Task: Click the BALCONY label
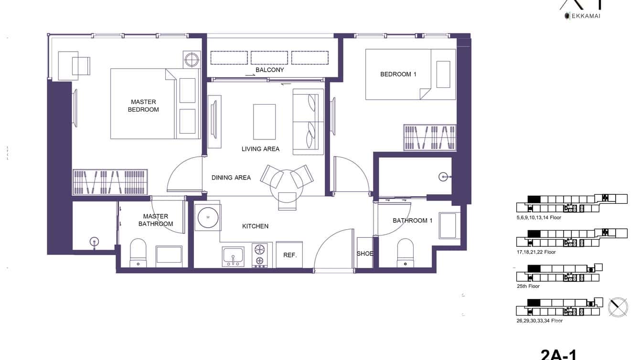(x=269, y=70)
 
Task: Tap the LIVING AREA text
(x=260, y=149)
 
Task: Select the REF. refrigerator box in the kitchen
(x=289, y=255)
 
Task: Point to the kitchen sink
(x=233, y=256)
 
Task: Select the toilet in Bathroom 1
(x=405, y=253)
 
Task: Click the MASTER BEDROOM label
(x=143, y=106)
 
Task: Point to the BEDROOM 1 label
(x=398, y=74)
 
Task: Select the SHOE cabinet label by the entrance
(x=365, y=254)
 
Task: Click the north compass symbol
(x=618, y=307)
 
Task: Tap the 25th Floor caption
(x=528, y=286)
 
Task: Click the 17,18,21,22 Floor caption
(x=536, y=252)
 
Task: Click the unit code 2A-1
(x=558, y=354)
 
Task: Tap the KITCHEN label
(x=255, y=226)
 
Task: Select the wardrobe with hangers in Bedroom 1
(x=429, y=138)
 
